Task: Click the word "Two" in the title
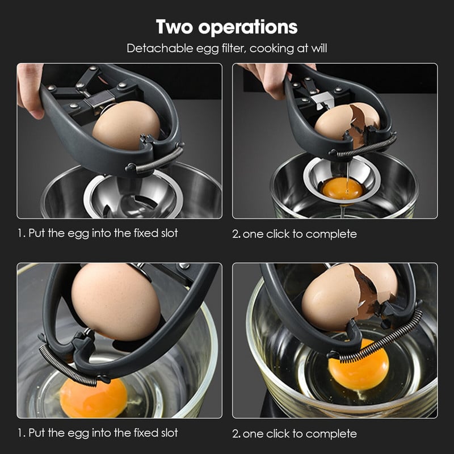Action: (x=174, y=27)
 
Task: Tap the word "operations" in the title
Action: (x=248, y=28)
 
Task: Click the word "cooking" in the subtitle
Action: (x=267, y=49)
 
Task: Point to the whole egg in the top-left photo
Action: (x=126, y=125)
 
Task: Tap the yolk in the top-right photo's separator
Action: (x=342, y=188)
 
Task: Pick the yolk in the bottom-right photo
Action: (x=359, y=364)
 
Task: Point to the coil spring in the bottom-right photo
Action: (x=381, y=336)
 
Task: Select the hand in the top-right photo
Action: (x=271, y=78)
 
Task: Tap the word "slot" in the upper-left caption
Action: (x=169, y=233)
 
